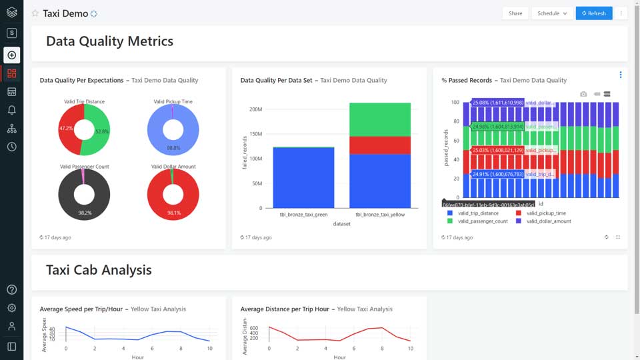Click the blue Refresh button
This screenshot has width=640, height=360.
pyautogui.click(x=593, y=13)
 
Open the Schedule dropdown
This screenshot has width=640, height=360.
pyautogui.click(x=552, y=13)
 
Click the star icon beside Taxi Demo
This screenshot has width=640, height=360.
pyautogui.click(x=35, y=13)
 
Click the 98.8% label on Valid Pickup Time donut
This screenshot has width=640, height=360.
pyautogui.click(x=173, y=148)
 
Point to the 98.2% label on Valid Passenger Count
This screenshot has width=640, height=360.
pyautogui.click(x=85, y=213)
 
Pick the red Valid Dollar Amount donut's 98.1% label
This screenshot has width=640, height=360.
pyautogui.click(x=173, y=213)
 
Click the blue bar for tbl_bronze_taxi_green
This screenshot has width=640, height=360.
pyautogui.click(x=303, y=177)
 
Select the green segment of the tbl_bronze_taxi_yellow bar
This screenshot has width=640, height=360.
pyautogui.click(x=380, y=119)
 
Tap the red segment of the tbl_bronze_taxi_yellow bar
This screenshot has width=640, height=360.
pyautogui.click(x=380, y=145)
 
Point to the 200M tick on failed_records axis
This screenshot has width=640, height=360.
pyautogui.click(x=255, y=109)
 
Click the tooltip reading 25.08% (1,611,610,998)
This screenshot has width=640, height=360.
pyautogui.click(x=497, y=103)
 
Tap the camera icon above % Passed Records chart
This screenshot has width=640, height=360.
pyautogui.click(x=583, y=94)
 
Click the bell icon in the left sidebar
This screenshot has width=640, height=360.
pyautogui.click(x=11, y=110)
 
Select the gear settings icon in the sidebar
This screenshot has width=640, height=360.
pyautogui.click(x=11, y=308)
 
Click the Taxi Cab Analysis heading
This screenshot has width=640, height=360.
pyautogui.click(x=99, y=270)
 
